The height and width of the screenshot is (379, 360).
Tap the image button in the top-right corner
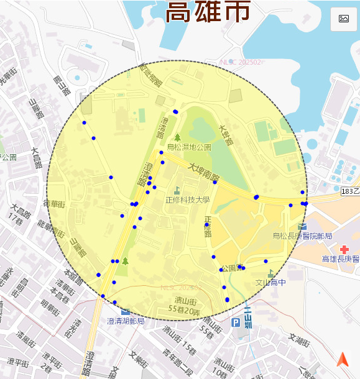click(343, 19)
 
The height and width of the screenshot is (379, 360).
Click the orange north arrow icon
click(343, 359)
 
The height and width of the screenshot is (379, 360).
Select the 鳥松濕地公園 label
click(189, 147)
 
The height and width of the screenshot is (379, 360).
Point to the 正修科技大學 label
click(188, 200)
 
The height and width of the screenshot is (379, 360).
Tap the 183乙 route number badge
click(350, 193)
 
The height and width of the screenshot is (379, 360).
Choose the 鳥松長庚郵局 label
click(303, 235)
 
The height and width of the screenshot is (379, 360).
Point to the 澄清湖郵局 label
click(126, 321)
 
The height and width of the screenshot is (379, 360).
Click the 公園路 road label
click(231, 268)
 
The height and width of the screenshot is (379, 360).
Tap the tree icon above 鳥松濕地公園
click(177, 137)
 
